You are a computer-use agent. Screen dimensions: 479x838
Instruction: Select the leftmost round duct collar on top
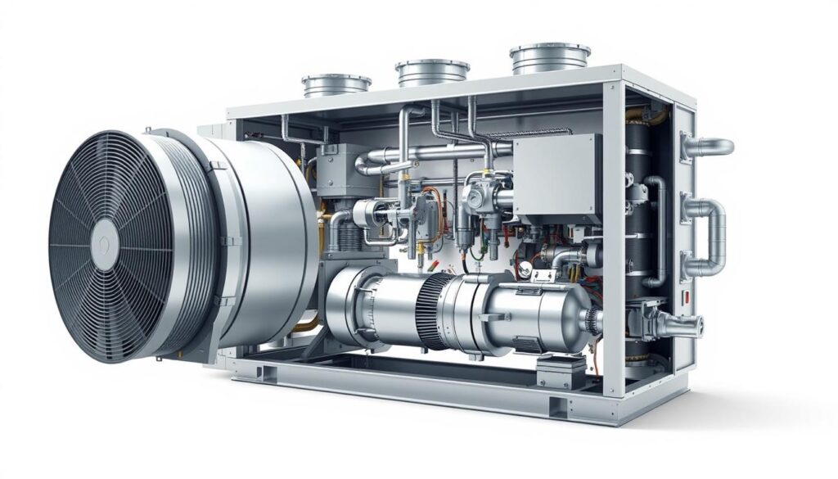(x=336, y=84)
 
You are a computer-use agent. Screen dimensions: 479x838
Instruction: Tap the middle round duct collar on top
(x=431, y=72)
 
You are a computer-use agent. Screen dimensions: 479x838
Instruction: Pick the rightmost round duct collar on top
(x=550, y=57)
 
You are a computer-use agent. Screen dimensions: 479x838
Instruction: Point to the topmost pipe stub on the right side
(x=708, y=147)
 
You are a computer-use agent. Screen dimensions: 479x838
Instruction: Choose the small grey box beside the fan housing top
(x=340, y=169)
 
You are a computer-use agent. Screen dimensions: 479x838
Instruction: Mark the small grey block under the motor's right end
(x=561, y=372)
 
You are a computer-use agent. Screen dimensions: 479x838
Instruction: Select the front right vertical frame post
(x=613, y=246)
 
